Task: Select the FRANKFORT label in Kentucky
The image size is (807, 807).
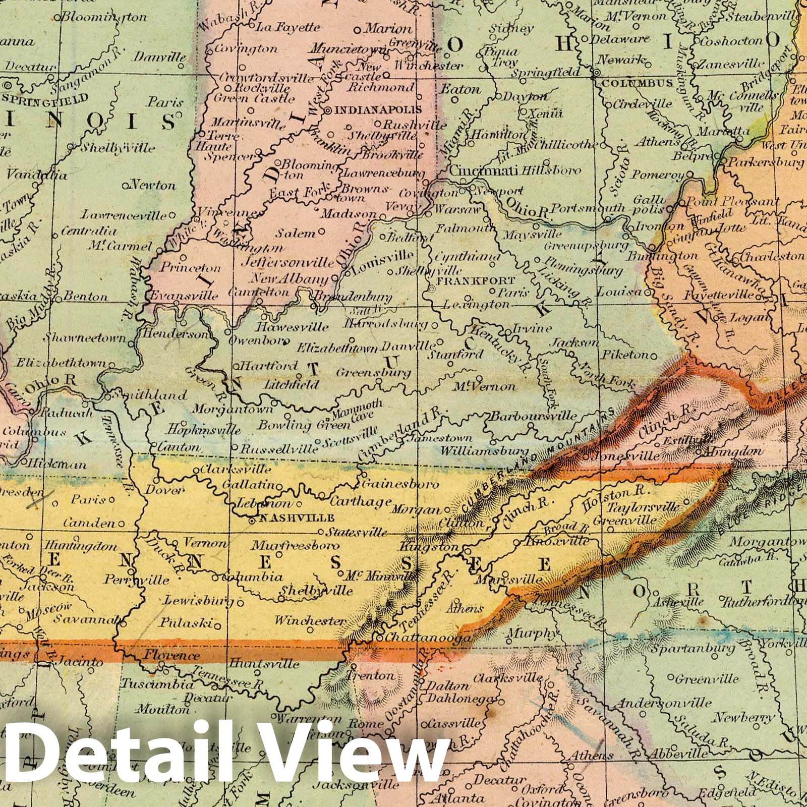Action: click(476, 280)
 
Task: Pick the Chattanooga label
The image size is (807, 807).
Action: click(429, 637)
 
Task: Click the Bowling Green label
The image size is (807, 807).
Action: click(292, 425)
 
